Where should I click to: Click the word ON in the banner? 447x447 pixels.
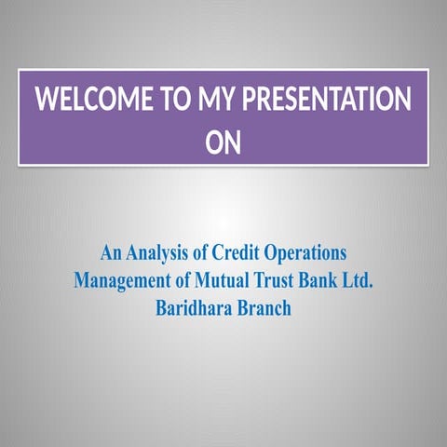[223, 143]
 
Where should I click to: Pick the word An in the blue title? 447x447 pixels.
[111, 252]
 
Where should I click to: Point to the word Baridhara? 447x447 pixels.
[191, 307]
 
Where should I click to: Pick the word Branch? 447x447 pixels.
[263, 307]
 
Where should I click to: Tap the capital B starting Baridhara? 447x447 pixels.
[160, 307]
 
